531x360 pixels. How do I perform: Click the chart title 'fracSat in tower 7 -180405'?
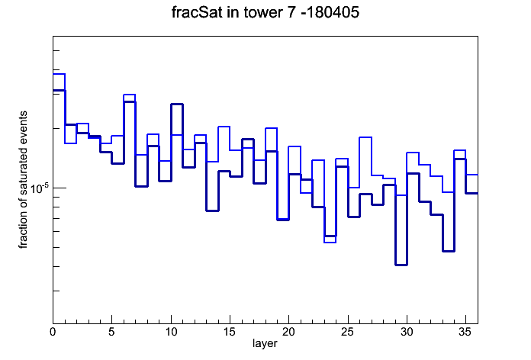tap(265, 12)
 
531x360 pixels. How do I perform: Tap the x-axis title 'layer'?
tap(265, 343)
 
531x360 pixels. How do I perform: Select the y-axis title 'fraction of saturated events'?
tap(23, 180)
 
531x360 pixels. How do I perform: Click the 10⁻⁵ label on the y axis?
tap(39, 188)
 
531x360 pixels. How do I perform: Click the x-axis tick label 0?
tap(53, 332)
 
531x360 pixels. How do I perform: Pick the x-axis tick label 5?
tap(111, 332)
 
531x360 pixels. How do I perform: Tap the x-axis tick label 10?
tap(171, 332)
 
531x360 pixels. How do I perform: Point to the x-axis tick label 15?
tap(230, 332)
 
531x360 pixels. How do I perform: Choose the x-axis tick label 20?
tap(288, 332)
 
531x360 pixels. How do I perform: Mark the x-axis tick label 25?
tap(348, 332)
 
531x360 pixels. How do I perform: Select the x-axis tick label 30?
tap(407, 332)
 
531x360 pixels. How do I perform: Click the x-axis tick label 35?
tap(465, 332)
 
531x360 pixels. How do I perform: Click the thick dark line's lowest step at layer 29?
tap(401, 265)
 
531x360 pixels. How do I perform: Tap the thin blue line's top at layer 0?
tap(59, 74)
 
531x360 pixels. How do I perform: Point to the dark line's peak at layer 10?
tap(177, 104)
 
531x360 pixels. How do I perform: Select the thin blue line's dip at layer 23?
tap(330, 243)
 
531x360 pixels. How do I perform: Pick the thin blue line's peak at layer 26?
tap(365, 137)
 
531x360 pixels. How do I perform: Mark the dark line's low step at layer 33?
tap(449, 251)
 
